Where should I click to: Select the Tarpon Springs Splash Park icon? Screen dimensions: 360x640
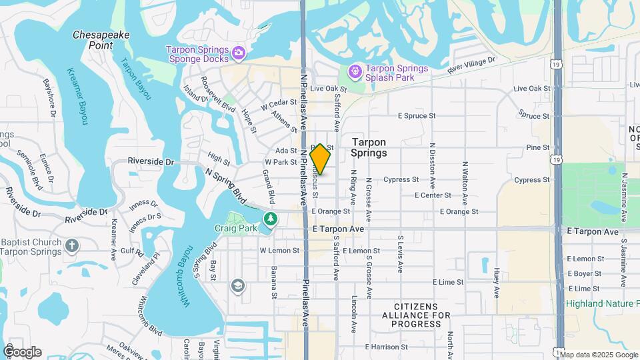355,70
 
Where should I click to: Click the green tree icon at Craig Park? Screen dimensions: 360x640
270,218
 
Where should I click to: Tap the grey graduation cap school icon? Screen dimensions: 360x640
237,286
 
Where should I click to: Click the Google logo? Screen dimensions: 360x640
22,351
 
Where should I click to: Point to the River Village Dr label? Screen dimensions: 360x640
472,65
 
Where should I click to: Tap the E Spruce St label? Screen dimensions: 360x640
417,115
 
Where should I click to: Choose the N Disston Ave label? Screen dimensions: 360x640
433,163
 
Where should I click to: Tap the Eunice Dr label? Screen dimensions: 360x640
45,165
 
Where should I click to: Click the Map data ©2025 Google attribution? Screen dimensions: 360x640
598,354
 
